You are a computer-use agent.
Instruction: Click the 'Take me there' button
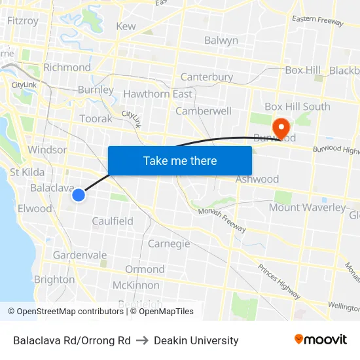coord(180,160)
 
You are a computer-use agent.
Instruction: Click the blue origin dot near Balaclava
coord(79,195)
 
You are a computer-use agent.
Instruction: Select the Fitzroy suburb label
coord(22,21)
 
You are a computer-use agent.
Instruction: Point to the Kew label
coord(126,27)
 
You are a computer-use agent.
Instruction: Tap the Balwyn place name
coord(221,41)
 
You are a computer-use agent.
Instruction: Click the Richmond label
coord(67,67)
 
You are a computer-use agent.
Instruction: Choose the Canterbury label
coord(207,77)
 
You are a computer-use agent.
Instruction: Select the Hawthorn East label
coord(158,94)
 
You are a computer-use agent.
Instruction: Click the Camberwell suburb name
coord(204,111)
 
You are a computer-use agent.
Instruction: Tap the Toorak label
coord(96,119)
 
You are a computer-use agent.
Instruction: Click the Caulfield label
coord(113,221)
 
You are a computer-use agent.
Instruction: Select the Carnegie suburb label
coord(169,244)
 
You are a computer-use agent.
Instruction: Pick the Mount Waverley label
coord(307,208)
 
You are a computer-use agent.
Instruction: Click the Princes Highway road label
coord(278,278)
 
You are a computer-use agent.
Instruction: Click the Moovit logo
coord(320,340)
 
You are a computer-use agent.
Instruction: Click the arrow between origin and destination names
coord(142,340)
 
